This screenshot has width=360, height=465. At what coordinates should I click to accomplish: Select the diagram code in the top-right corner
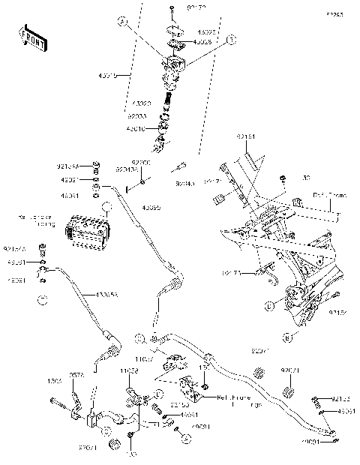pyautogui.click(x=333, y=14)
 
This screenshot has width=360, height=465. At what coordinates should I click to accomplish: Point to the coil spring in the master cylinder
pyautogui.click(x=170, y=97)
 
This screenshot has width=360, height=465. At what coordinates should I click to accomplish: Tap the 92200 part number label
pyautogui.click(x=140, y=161)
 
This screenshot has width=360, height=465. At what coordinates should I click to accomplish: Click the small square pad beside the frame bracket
pyautogui.click(x=219, y=199)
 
